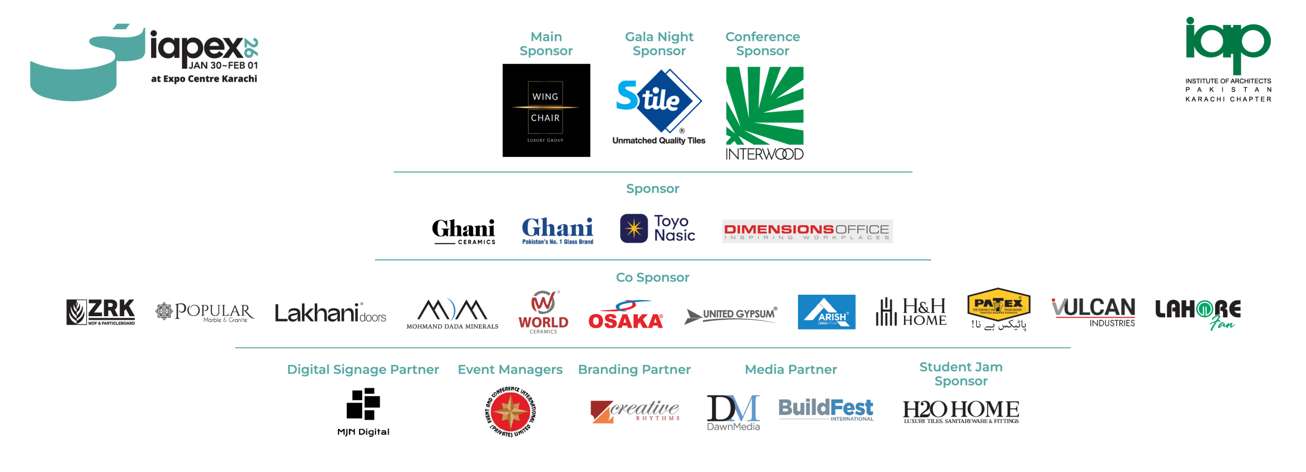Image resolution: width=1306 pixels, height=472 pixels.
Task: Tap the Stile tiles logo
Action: (x=659, y=102)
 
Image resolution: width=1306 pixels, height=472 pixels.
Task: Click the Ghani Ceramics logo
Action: (x=463, y=231)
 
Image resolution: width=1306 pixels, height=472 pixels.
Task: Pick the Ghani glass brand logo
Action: (x=558, y=231)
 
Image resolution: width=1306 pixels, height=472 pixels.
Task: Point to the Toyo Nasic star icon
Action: (x=634, y=228)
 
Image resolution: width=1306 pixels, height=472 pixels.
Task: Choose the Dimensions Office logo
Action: (x=807, y=231)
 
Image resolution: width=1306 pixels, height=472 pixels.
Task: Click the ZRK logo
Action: (x=101, y=312)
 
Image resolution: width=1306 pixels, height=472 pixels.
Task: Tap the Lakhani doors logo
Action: (x=330, y=313)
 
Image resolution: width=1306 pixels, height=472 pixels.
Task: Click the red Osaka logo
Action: (x=625, y=315)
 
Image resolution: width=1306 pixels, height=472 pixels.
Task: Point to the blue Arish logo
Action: (x=826, y=312)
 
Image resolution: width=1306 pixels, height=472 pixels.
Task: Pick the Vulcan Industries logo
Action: (x=1093, y=313)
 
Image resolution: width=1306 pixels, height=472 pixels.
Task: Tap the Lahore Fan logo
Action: (x=1197, y=313)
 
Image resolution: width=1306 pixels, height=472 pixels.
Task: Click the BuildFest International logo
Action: (x=825, y=409)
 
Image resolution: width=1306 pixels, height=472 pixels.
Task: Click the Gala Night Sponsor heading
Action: (x=659, y=44)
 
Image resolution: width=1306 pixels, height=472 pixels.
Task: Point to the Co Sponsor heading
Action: (x=652, y=277)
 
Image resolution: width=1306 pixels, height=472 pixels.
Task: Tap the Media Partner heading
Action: (x=790, y=370)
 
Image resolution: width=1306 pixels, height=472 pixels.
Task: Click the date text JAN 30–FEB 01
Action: (x=223, y=65)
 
